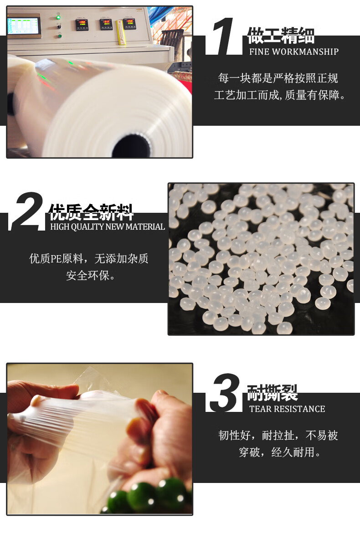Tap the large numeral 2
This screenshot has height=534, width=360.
pyautogui.click(x=27, y=211)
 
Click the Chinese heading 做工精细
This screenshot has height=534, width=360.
pyautogui.click(x=281, y=35)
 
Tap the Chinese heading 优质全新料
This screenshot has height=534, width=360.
pyautogui.click(x=91, y=212)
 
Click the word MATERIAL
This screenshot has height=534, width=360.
pyautogui.click(x=145, y=227)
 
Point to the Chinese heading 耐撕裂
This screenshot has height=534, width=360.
pyautogui.click(x=272, y=393)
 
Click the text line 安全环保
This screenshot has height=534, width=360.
pyautogui.click(x=91, y=275)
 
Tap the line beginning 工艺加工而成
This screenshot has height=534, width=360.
pyautogui.click(x=280, y=95)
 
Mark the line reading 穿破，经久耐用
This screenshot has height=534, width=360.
pyautogui.click(x=280, y=452)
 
